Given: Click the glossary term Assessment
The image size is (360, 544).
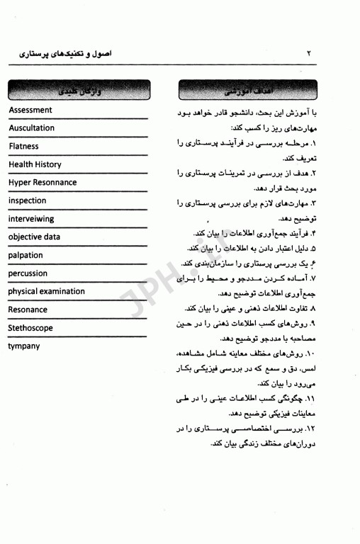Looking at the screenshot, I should [30, 110].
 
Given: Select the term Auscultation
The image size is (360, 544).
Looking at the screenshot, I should [32, 128].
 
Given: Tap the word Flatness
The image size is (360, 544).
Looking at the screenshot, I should [24, 147].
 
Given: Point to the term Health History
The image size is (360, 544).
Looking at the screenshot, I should [35, 164].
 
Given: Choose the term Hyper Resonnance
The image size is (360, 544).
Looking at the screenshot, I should [43, 183].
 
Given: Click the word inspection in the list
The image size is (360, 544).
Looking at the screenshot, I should [28, 200].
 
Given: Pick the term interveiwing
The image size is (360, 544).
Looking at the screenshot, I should [31, 219].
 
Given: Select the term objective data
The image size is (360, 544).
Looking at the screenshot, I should [34, 237].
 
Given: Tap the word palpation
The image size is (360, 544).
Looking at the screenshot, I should [26, 255].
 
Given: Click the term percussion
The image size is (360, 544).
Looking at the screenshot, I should [28, 273].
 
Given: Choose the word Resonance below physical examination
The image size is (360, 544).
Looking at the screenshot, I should [28, 310].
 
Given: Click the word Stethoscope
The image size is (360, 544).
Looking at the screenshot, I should [30, 328].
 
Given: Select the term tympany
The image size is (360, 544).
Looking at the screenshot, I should [25, 346].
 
